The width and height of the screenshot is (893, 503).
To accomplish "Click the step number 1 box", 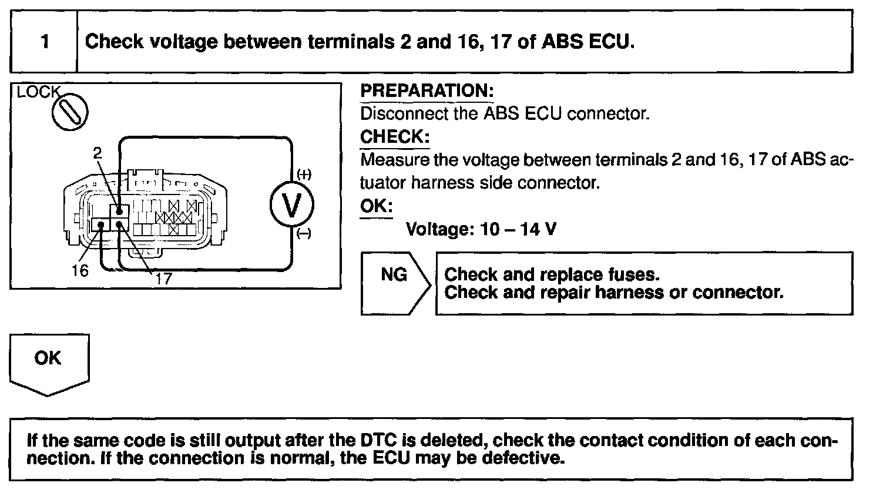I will click(x=45, y=42).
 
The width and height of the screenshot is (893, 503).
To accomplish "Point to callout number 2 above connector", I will click(x=98, y=153).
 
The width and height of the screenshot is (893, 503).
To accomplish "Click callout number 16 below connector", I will click(x=80, y=270).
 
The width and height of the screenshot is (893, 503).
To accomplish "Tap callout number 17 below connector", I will click(x=163, y=279).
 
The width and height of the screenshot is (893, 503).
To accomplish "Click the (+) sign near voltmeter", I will click(x=304, y=175).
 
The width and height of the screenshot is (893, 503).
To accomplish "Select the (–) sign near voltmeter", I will click(x=304, y=234).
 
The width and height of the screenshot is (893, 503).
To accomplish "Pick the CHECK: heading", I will click(x=395, y=137).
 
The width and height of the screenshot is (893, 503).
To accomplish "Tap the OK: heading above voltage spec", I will click(x=376, y=206).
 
